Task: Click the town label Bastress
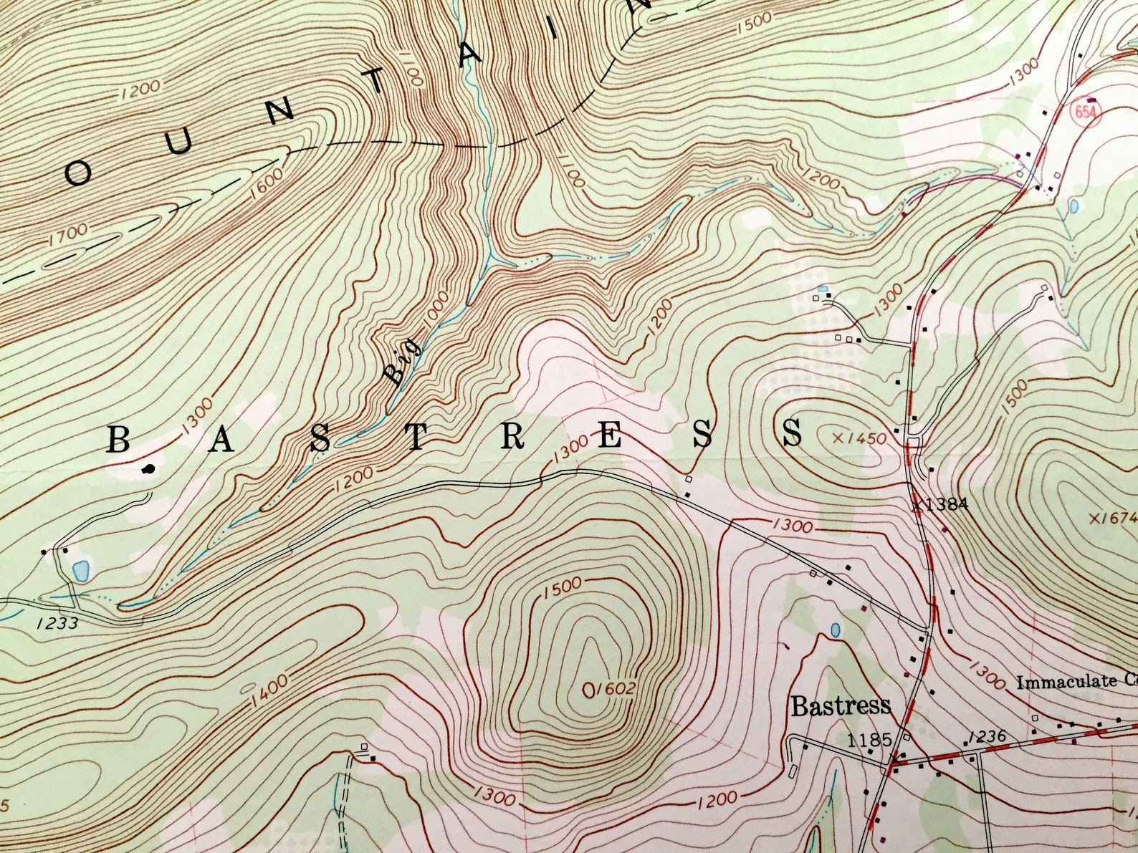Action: point(841,706)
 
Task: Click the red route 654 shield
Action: point(1086,112)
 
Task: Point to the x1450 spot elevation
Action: point(860,438)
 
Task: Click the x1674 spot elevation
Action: point(1112,518)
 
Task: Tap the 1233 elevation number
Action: point(57,623)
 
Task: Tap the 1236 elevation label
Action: point(986,737)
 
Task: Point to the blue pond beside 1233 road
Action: point(81,571)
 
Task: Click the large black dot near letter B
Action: point(148,470)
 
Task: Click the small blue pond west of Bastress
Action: point(835,630)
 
